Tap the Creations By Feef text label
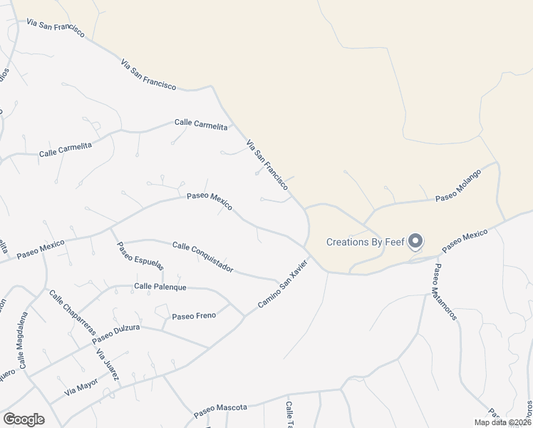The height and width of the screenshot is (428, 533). pyautogui.click(x=365, y=242)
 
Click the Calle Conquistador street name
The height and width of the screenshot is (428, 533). pyautogui.click(x=203, y=257)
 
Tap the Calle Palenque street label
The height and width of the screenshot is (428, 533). pyautogui.click(x=160, y=287)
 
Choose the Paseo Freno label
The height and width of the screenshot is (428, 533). pyautogui.click(x=194, y=315)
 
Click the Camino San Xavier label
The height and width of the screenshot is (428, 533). pyautogui.click(x=283, y=284)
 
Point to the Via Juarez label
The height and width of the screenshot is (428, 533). pyautogui.click(x=108, y=365)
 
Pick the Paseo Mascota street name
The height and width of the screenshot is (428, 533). pyautogui.click(x=220, y=409)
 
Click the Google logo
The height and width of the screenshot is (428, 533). pyautogui.click(x=24, y=419)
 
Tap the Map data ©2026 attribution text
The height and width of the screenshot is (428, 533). pyautogui.click(x=503, y=422)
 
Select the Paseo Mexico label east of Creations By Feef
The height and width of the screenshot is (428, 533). pyautogui.click(x=465, y=241)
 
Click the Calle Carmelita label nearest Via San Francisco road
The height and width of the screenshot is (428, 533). pyautogui.click(x=201, y=124)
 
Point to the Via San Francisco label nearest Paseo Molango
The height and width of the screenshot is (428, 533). pyautogui.click(x=267, y=164)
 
